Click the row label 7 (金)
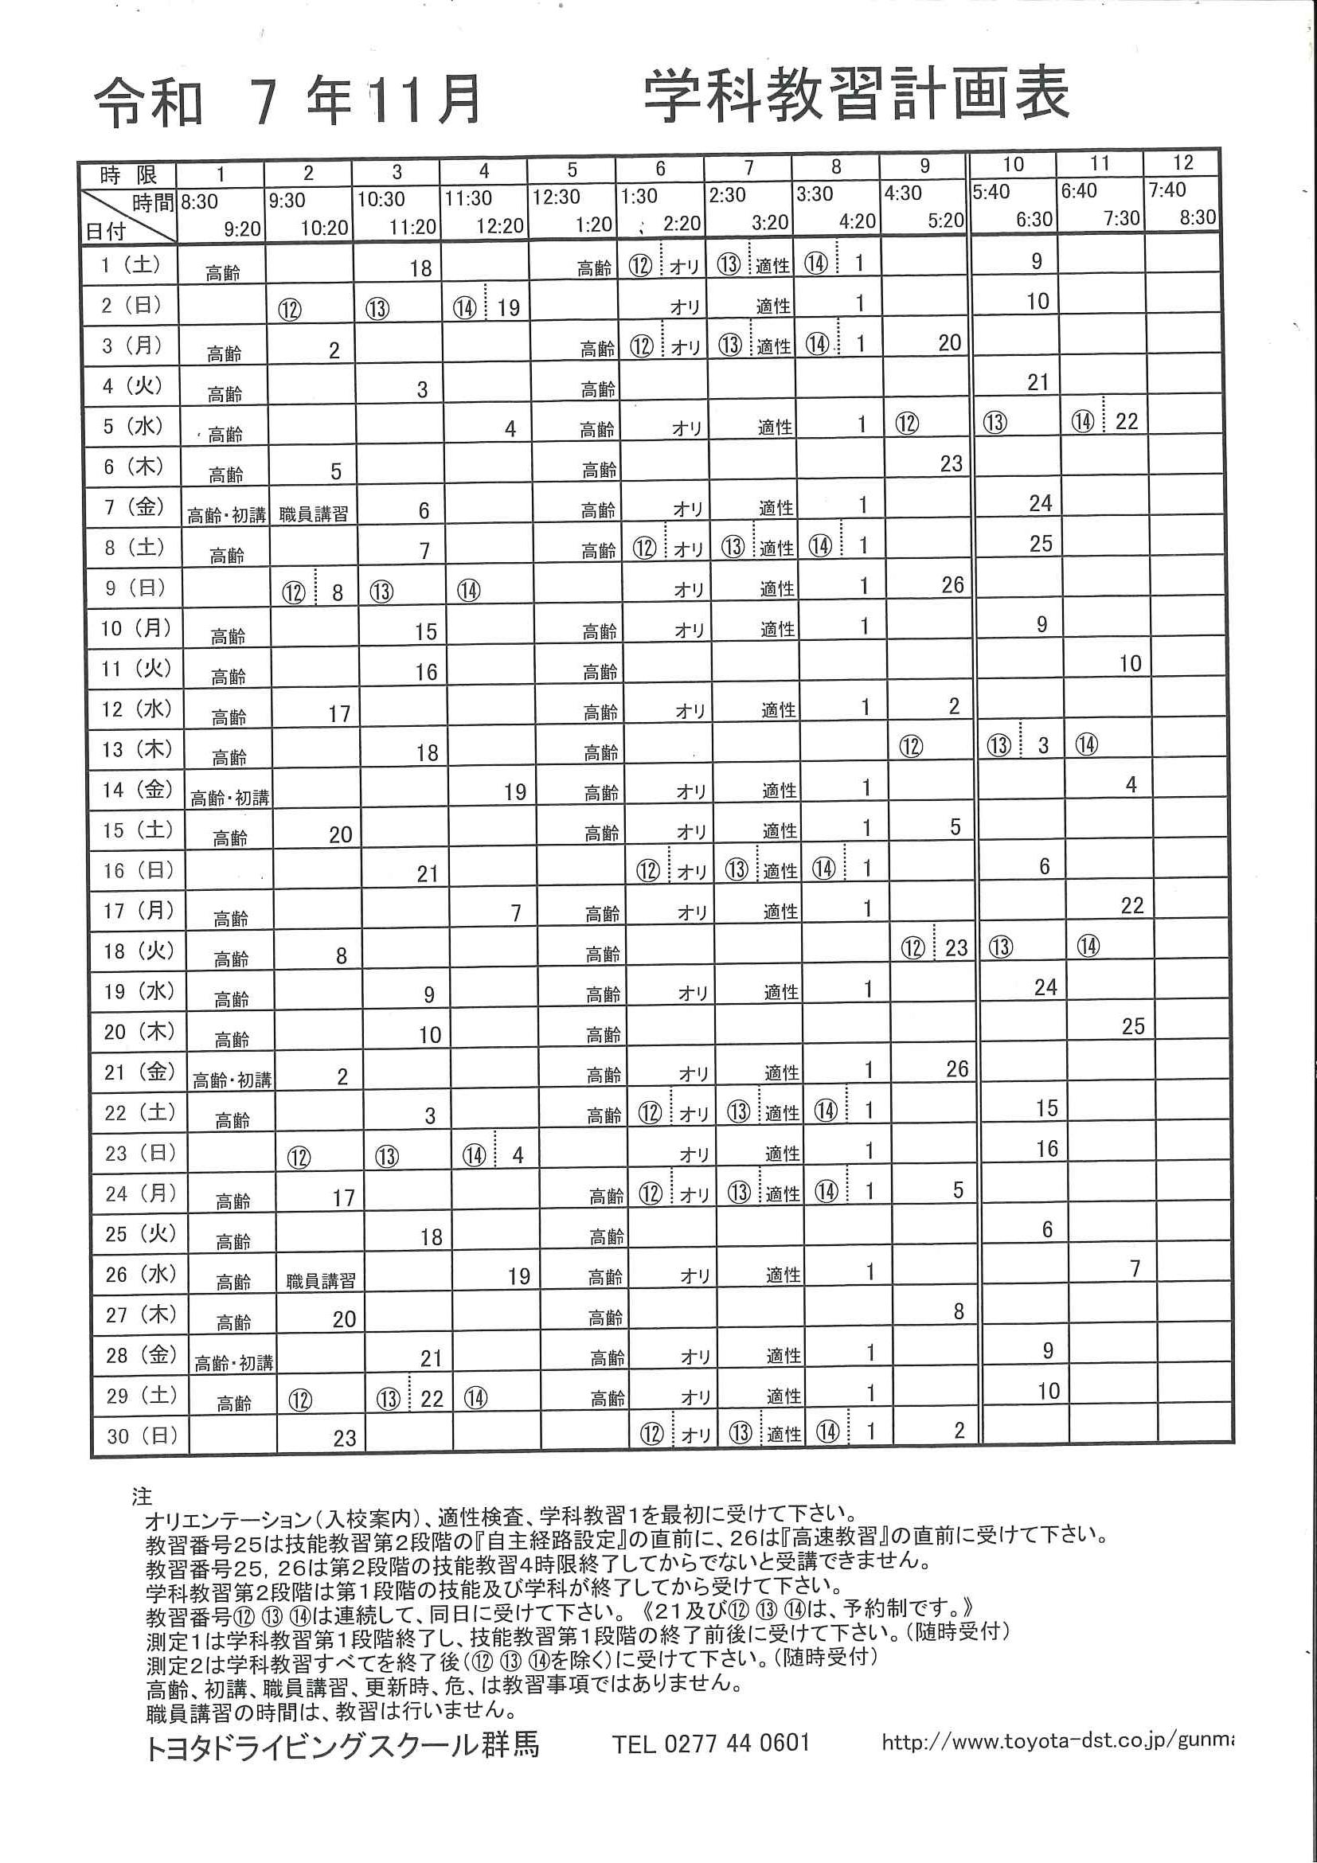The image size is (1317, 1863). [x=132, y=507]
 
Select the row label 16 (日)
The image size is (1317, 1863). [x=138, y=871]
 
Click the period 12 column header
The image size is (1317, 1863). [x=1183, y=163]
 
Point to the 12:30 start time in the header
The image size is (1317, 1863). [x=556, y=197]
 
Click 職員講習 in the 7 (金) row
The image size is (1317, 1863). [x=313, y=514]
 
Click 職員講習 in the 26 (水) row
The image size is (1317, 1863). [x=321, y=1281]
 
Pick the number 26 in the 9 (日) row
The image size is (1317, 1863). [x=952, y=585]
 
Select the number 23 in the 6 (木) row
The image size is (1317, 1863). [x=951, y=463]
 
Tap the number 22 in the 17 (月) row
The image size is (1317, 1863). [x=1132, y=905]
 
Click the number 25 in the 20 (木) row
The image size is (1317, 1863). [x=1133, y=1026]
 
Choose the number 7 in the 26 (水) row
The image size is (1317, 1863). [x=1135, y=1268]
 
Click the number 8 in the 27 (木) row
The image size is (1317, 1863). [x=959, y=1311]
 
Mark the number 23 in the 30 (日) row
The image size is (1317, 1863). [x=344, y=1439]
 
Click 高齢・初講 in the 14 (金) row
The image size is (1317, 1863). [x=229, y=799]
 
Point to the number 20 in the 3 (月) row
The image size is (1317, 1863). [x=949, y=343]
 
